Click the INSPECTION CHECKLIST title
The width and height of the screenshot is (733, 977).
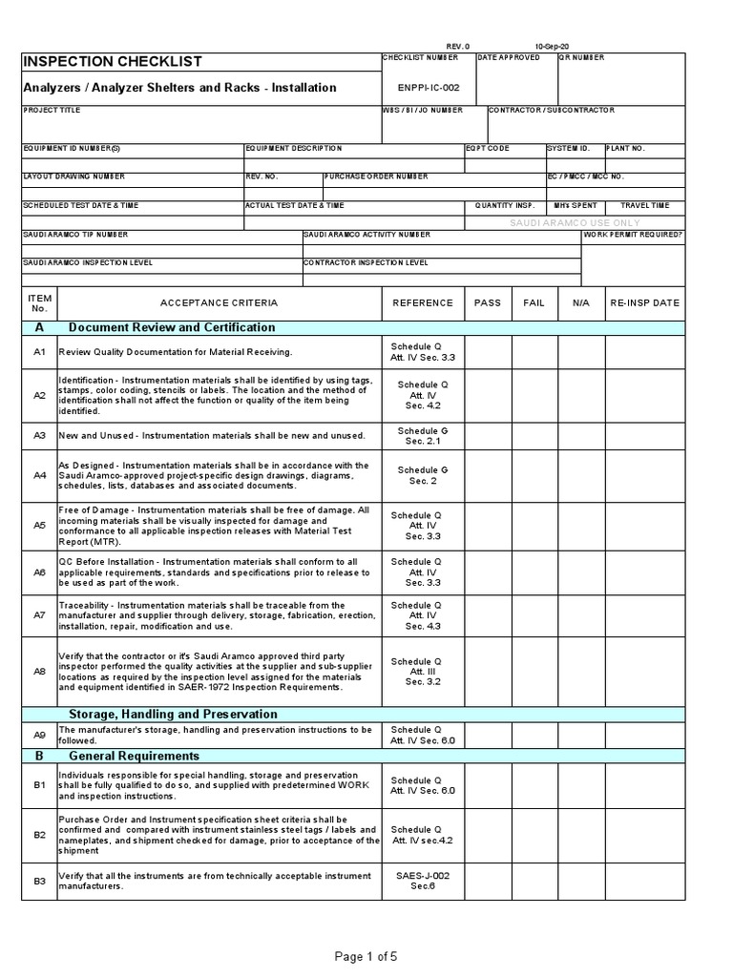tap(113, 62)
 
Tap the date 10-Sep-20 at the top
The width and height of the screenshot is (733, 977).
tap(553, 46)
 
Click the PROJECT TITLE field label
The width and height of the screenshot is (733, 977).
tap(52, 111)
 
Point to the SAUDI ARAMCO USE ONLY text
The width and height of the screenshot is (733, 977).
tap(575, 222)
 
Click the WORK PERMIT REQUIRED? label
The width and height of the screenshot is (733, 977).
tap(634, 235)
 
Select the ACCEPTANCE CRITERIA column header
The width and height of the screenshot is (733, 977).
tap(219, 303)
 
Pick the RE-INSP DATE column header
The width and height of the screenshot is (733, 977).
tap(644, 303)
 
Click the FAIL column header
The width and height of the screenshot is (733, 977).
tap(534, 303)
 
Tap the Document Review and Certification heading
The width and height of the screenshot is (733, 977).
tap(172, 327)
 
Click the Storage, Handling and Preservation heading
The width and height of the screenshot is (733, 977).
tap(173, 714)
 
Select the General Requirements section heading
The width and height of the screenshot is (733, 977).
tap(134, 756)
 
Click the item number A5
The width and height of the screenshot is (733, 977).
tap(39, 525)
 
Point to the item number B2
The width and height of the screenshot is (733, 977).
tap(39, 835)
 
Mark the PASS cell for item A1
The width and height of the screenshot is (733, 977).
tap(487, 352)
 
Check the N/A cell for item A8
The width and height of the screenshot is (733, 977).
tap(581, 672)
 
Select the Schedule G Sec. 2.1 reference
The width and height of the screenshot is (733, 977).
tap(423, 436)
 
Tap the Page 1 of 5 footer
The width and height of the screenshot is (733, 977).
tap(366, 956)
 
